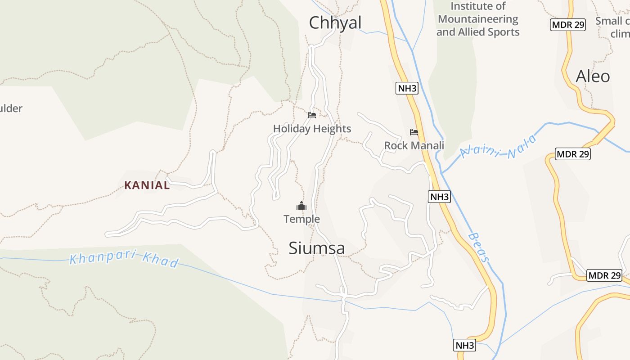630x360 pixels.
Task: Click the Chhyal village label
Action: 335,23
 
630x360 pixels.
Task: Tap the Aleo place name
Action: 593,76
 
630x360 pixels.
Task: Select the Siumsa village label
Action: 317,248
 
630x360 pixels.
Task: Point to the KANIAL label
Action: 147,185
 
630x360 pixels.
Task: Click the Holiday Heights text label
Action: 312,129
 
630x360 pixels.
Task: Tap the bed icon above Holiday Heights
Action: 312,115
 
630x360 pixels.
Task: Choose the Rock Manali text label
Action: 414,145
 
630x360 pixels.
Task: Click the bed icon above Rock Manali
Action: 414,132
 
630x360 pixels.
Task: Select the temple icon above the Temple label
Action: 301,207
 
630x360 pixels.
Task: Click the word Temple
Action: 301,219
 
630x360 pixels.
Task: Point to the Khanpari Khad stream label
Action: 124,261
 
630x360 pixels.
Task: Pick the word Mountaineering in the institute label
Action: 478,19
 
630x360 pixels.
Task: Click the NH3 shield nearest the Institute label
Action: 407,88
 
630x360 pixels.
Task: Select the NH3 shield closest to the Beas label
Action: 439,197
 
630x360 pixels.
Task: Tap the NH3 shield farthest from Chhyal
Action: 465,345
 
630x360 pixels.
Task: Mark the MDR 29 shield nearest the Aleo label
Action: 568,25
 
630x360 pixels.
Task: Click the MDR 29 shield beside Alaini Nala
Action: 572,154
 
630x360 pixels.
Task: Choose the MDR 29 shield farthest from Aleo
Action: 604,275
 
